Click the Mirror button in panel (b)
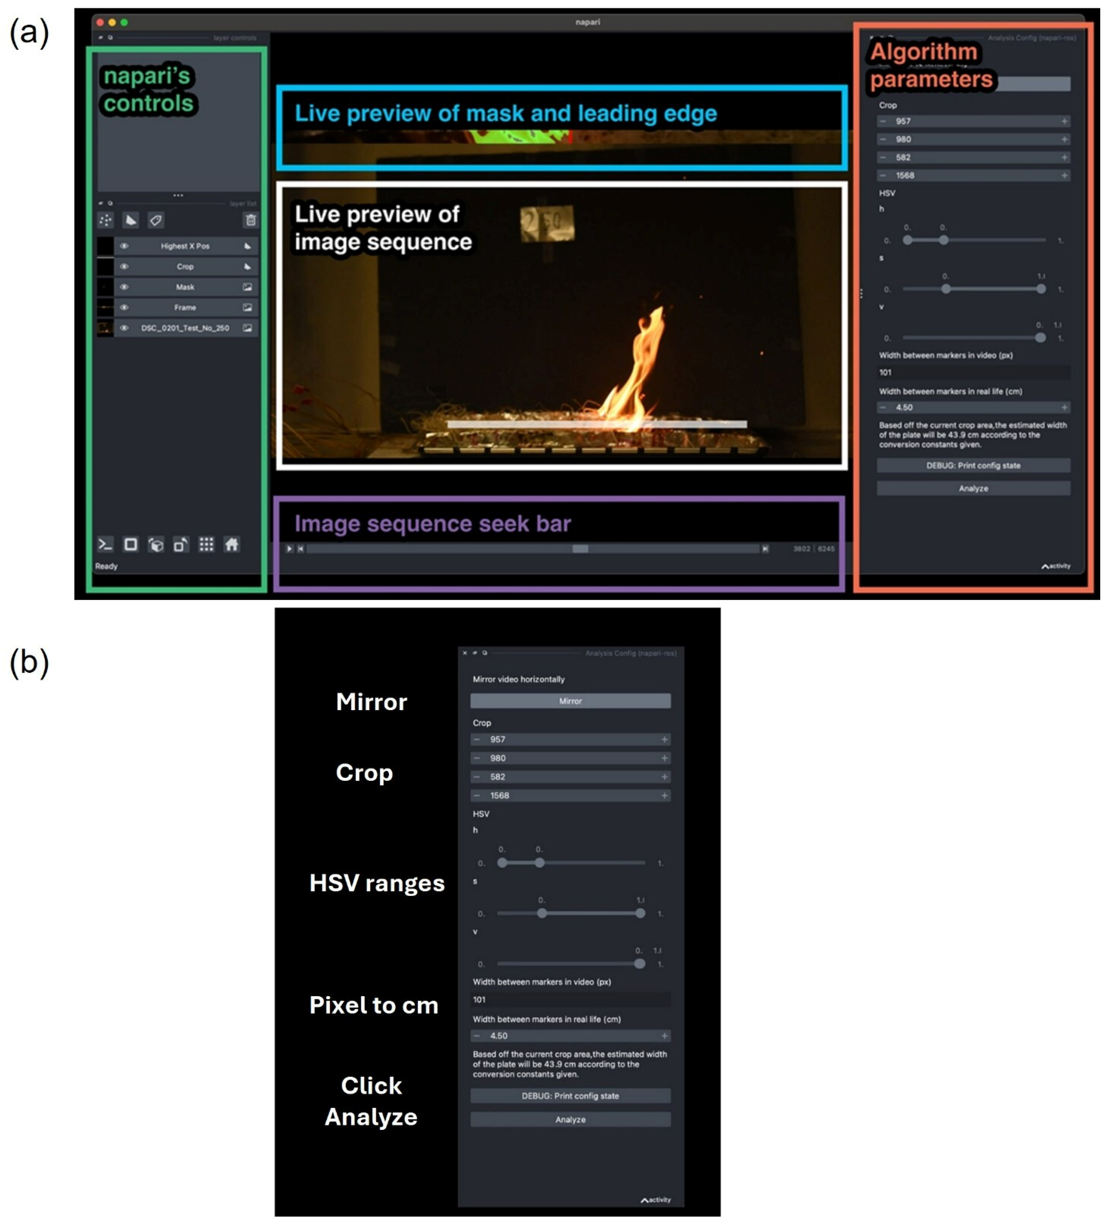(570, 701)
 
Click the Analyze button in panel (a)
(973, 488)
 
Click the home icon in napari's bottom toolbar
(231, 544)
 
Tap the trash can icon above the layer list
(250, 220)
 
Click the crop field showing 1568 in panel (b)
(570, 795)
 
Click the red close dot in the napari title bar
(100, 23)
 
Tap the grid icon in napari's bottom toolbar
(206, 544)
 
